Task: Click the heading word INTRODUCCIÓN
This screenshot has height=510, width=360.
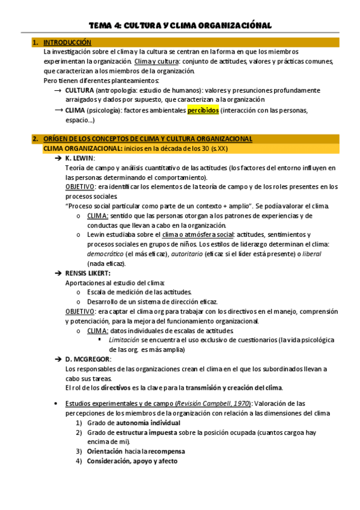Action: coord(67,43)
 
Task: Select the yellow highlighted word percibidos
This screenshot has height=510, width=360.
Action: coord(203,111)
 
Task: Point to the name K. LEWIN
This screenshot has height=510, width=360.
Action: coord(81,158)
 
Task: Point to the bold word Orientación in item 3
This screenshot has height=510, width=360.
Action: coord(106,451)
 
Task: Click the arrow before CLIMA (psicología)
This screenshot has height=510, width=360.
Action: coord(59,111)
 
